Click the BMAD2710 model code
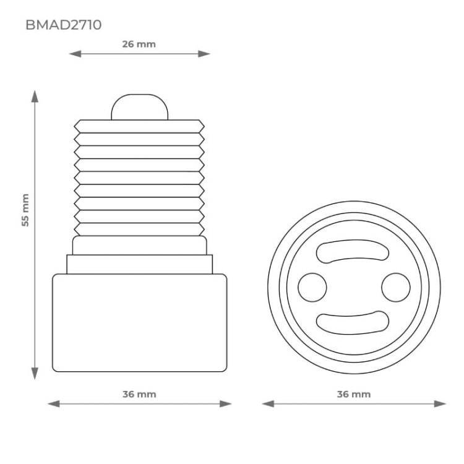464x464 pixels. click(64, 25)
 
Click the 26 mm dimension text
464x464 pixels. click(139, 44)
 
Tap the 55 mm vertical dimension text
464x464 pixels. click(25, 210)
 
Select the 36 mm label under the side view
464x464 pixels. click(139, 394)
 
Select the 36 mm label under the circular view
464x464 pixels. click(354, 394)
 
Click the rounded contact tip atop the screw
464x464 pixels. click(139, 108)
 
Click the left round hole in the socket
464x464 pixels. click(312, 287)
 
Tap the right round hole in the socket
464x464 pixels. click(395, 287)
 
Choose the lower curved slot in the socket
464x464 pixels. click(353, 322)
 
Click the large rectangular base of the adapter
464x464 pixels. click(139, 323)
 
